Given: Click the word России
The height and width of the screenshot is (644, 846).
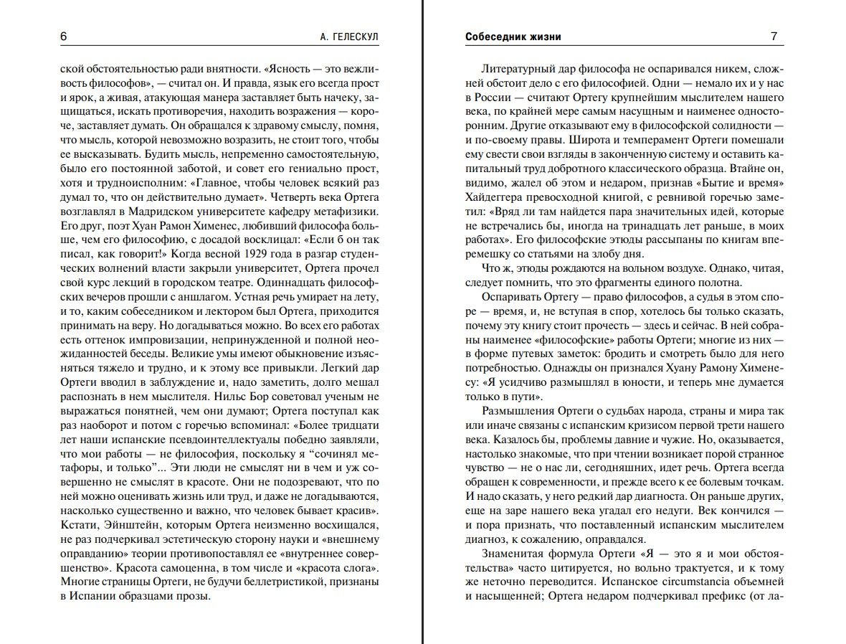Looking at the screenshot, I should (488, 98).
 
